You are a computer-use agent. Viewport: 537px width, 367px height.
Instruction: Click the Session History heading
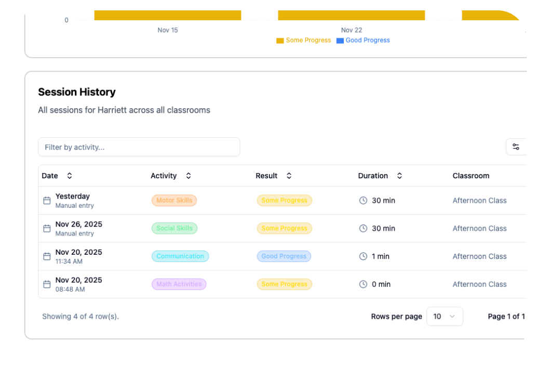pos(77,92)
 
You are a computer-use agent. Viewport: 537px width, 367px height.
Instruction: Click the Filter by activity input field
pos(139,147)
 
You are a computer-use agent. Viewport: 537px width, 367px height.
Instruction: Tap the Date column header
pos(50,176)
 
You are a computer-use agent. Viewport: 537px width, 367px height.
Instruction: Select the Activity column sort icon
pos(189,176)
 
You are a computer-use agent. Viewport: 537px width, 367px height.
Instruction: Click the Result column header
pos(267,176)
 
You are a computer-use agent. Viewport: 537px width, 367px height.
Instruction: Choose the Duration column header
pos(373,176)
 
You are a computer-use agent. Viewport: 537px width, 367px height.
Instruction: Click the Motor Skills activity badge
pos(174,201)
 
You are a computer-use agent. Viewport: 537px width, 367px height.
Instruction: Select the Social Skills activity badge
pos(174,228)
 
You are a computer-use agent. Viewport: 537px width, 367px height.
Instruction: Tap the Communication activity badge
pos(180,256)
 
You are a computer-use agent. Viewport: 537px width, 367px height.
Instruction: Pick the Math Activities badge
pos(179,284)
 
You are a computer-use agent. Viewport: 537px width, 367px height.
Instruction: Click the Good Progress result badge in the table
pos(284,256)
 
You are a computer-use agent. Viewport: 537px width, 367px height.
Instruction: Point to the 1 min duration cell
pos(380,256)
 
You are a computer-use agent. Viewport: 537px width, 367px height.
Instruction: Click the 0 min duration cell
pos(381,284)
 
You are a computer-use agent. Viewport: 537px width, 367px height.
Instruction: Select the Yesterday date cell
pos(73,196)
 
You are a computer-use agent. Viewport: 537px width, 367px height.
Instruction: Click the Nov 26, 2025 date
pos(78,225)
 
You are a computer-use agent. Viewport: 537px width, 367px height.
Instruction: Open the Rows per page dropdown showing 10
pos(444,317)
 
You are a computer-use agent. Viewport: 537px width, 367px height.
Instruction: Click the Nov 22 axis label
pos(352,30)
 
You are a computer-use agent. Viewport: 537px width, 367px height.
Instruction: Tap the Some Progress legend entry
pos(304,41)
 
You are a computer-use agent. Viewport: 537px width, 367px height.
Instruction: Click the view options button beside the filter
pos(516,147)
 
